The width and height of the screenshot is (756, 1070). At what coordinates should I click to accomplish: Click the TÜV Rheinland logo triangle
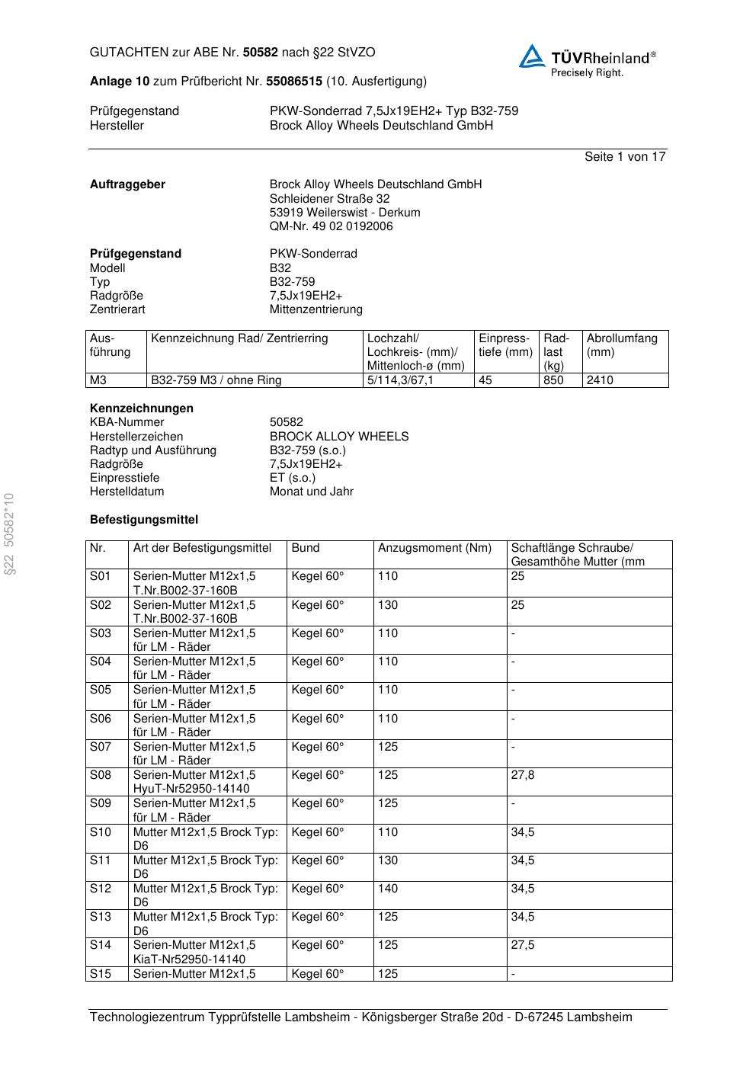pos(532,56)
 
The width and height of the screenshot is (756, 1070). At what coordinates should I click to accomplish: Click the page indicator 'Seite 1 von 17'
pos(625,156)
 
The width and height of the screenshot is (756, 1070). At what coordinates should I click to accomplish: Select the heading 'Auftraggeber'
pos(127,184)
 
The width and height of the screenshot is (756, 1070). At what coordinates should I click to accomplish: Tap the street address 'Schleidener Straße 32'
pos(329,198)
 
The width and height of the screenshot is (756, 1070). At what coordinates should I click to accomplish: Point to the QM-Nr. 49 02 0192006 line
pos(331,226)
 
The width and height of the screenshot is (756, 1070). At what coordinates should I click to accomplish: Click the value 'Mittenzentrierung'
pos(316,309)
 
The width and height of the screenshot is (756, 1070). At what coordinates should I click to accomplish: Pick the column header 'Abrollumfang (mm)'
pos(621,345)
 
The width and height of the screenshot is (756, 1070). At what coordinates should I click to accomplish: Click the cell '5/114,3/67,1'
pos(400,380)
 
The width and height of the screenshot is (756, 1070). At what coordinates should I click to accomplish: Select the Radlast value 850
pos(553,380)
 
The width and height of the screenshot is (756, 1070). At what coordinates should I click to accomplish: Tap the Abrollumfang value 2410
pos(599,380)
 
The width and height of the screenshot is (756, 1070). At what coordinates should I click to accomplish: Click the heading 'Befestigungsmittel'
pos(143,520)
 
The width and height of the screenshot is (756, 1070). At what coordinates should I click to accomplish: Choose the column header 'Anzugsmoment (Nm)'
pos(434,548)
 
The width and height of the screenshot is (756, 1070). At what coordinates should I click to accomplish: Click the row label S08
pos(101,775)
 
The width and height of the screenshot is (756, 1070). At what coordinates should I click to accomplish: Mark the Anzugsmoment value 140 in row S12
pos(388,889)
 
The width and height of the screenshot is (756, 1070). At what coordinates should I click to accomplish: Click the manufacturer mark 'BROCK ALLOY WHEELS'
pos(338,437)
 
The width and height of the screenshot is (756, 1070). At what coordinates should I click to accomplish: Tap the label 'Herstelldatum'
pos(127,492)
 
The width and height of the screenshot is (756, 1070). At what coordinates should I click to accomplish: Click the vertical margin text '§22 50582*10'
pos(10,534)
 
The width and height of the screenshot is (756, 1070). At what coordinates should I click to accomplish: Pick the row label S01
pos(101,576)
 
